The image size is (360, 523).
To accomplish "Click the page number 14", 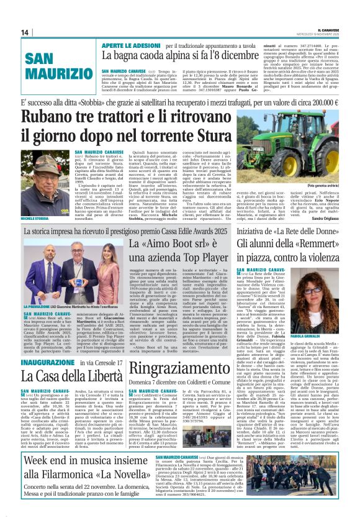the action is (25, 32).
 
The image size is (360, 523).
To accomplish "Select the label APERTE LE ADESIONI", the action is (127, 45).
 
